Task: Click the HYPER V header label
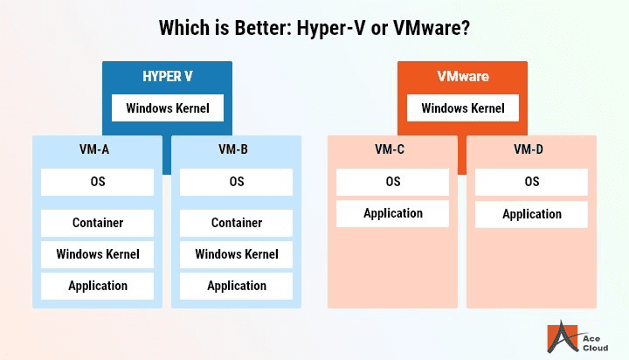pyautogui.click(x=168, y=76)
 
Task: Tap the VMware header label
pyautogui.click(x=463, y=76)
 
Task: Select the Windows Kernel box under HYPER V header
pyautogui.click(x=168, y=108)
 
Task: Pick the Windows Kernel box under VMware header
pyautogui.click(x=463, y=108)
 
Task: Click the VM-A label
pyautogui.click(x=94, y=149)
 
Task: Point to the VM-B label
pyautogui.click(x=233, y=149)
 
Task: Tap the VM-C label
pyautogui.click(x=390, y=149)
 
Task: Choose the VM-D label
pyautogui.click(x=529, y=149)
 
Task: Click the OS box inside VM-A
pyautogui.click(x=98, y=182)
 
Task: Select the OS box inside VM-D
pyautogui.click(x=531, y=182)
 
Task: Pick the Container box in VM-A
pyautogui.click(x=98, y=223)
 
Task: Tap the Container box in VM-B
pyautogui.click(x=236, y=223)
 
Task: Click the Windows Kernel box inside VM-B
pyautogui.click(x=236, y=254)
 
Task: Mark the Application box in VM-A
pyautogui.click(x=98, y=286)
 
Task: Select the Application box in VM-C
pyautogui.click(x=393, y=213)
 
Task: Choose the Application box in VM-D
pyautogui.click(x=531, y=214)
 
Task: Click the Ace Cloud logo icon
pyautogui.click(x=563, y=336)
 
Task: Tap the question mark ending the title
pyautogui.click(x=466, y=28)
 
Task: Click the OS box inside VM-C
pyautogui.click(x=393, y=182)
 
